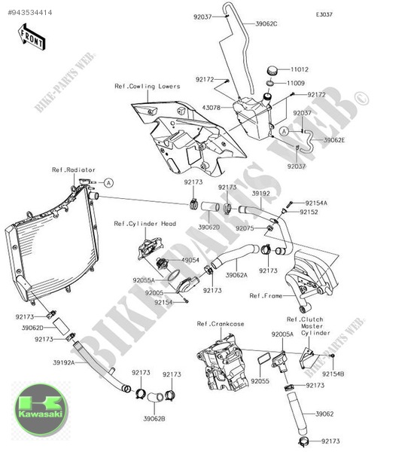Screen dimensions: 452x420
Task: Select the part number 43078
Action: coord(212,108)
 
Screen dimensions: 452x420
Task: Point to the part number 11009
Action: coord(295,82)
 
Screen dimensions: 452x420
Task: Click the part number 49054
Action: coord(192,259)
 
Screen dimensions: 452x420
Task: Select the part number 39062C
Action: coord(266,23)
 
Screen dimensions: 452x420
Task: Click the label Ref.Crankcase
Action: coord(221,324)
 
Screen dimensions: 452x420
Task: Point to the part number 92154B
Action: coord(333,374)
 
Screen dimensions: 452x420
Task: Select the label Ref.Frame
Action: coord(266,296)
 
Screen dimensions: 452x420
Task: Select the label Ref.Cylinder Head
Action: coord(145,224)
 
